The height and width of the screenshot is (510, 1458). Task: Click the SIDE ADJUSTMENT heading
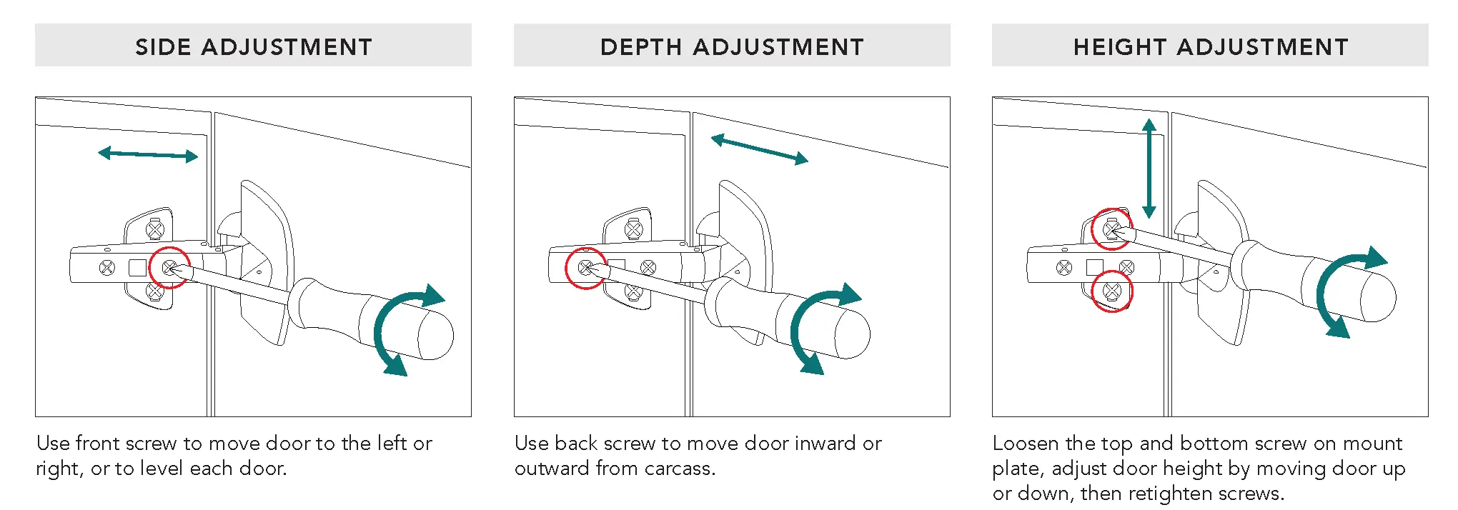pyautogui.click(x=254, y=47)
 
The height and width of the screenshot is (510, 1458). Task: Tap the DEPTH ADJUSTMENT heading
pyautogui.click(x=732, y=47)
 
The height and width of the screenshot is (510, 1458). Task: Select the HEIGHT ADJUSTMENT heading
pyautogui.click(x=1211, y=47)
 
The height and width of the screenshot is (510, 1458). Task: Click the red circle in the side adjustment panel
pyautogui.click(x=169, y=268)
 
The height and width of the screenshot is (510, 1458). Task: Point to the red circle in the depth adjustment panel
pyautogui.click(x=586, y=269)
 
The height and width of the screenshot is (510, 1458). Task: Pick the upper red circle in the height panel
pyautogui.click(x=1111, y=229)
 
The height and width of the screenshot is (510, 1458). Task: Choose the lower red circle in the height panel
pyautogui.click(x=1112, y=291)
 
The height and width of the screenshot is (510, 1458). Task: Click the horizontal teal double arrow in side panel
pyautogui.click(x=148, y=154)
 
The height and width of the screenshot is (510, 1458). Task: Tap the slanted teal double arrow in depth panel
pyautogui.click(x=759, y=149)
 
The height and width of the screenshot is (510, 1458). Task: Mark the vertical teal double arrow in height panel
pyautogui.click(x=1149, y=169)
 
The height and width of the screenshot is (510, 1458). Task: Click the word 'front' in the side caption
pyautogui.click(x=100, y=444)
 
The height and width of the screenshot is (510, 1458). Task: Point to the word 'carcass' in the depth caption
pyautogui.click(x=678, y=469)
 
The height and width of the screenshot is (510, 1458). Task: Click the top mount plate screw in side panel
pyautogui.click(x=155, y=229)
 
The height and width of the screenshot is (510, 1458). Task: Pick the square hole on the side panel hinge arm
pyautogui.click(x=138, y=268)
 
